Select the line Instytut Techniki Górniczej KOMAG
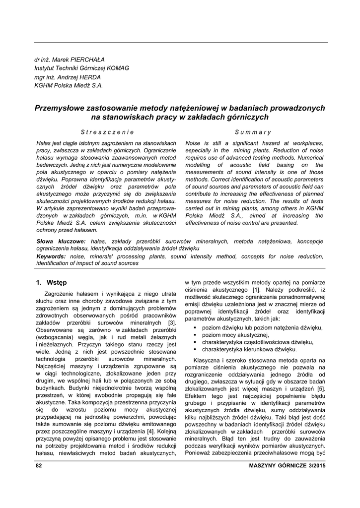coord(81,68)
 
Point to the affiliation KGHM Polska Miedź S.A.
coord(69,85)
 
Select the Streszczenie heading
coord(107,132)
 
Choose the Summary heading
coord(253,132)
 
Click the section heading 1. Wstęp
coord(51,283)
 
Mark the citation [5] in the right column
coord(321,388)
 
